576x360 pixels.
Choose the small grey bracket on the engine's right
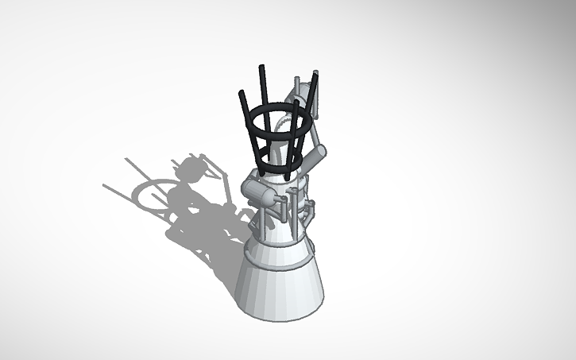pyautogui.click(x=316, y=211)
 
